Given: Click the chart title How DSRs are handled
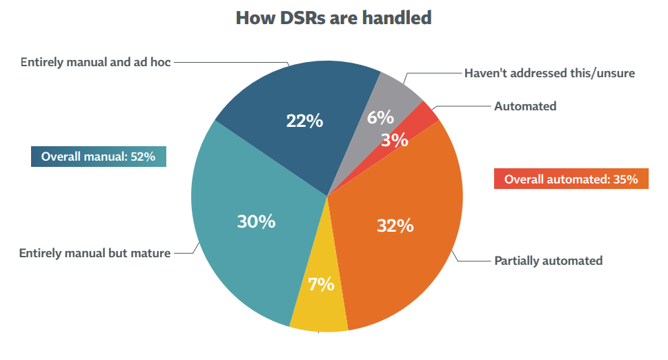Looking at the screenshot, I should point(333,17).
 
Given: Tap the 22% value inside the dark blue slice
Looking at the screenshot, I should point(304,121).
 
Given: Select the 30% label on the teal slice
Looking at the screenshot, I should point(256,221).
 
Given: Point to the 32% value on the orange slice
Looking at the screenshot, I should point(395,226).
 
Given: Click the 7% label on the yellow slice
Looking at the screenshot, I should point(321,284).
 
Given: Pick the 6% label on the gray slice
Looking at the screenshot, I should point(380,117).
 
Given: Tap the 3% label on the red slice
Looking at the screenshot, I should point(395,140).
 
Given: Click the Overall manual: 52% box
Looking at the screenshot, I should point(99,157).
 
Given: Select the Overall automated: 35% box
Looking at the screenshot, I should point(571,179).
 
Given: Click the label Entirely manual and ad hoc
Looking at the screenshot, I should point(95,62).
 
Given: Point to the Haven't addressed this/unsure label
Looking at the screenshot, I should point(549,72).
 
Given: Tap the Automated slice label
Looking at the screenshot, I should point(524,106).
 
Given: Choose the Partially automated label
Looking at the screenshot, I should point(548,261).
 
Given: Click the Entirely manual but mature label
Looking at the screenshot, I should point(95,253).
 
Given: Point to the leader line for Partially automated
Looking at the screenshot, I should point(473,261).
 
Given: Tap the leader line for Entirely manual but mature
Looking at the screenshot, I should point(184,253).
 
